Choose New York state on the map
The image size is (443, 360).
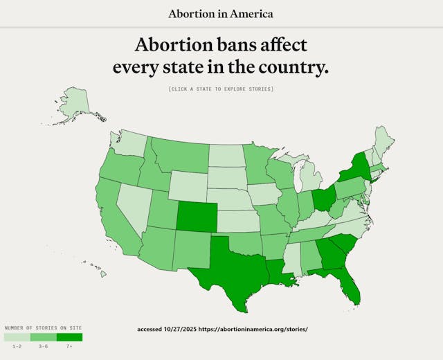click(353, 166)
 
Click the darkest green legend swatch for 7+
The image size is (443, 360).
click(69, 337)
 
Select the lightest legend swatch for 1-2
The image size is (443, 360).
click(17, 337)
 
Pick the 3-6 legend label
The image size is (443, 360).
click(43, 346)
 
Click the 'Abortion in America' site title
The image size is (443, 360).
click(221, 14)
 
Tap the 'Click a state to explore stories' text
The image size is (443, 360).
click(221, 89)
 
